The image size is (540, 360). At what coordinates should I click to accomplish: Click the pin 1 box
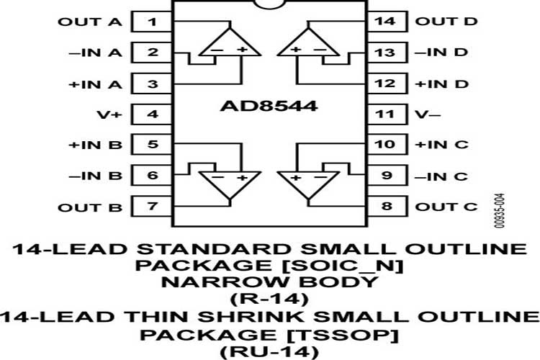click(x=151, y=22)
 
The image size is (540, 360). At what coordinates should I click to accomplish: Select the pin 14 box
click(x=387, y=22)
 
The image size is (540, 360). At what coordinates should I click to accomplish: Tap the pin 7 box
click(x=151, y=207)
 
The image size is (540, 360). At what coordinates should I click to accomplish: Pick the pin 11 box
click(x=387, y=114)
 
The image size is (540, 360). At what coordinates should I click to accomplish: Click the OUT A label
click(x=90, y=22)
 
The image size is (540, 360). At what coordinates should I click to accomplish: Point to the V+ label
click(x=109, y=114)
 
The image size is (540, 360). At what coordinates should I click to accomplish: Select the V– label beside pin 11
click(x=428, y=114)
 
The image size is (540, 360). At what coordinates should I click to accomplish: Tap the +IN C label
click(x=441, y=144)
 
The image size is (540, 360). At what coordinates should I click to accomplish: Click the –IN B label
click(x=95, y=176)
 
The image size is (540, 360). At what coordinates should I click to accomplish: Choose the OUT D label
click(x=446, y=22)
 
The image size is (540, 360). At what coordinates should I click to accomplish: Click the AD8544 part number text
click(x=269, y=106)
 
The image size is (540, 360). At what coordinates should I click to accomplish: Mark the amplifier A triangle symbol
click(x=230, y=42)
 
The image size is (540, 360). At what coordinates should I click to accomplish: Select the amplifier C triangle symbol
click(x=309, y=185)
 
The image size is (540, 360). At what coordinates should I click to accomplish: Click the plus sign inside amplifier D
click(x=296, y=49)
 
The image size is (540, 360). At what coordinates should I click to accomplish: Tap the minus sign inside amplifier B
click(x=217, y=177)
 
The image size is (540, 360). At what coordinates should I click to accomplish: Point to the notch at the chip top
click(x=270, y=4)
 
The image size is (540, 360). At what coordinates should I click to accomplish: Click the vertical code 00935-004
click(x=500, y=210)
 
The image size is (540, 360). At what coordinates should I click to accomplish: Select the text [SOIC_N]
click(x=344, y=266)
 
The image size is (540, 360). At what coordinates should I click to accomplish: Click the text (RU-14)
click(x=270, y=352)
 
